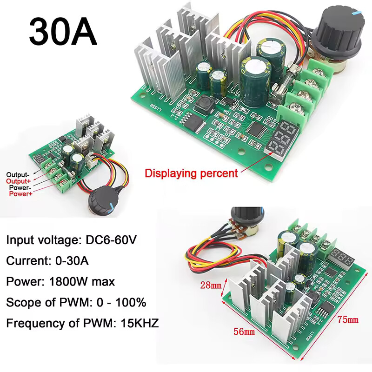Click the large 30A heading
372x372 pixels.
[x=63, y=32]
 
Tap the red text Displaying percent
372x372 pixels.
[x=192, y=173]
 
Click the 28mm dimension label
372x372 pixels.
[x=210, y=285]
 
